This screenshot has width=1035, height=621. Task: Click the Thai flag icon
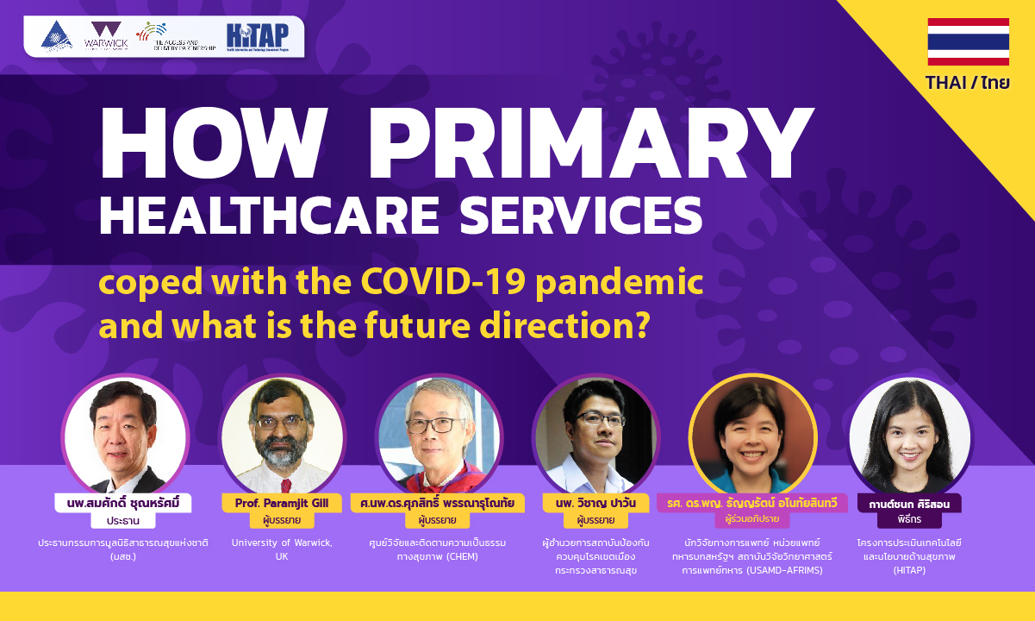[968, 41]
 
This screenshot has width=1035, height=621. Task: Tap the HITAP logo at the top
[258, 37]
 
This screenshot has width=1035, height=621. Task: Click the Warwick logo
[107, 36]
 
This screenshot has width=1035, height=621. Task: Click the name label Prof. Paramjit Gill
[283, 503]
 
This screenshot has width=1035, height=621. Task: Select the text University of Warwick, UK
[282, 549]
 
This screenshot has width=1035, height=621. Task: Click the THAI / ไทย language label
[968, 84]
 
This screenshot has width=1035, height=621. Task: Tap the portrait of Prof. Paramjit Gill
[283, 438]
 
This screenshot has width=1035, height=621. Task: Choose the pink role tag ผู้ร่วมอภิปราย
[752, 520]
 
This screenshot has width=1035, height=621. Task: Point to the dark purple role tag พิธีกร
[909, 520]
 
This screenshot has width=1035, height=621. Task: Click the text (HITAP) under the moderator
[909, 570]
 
